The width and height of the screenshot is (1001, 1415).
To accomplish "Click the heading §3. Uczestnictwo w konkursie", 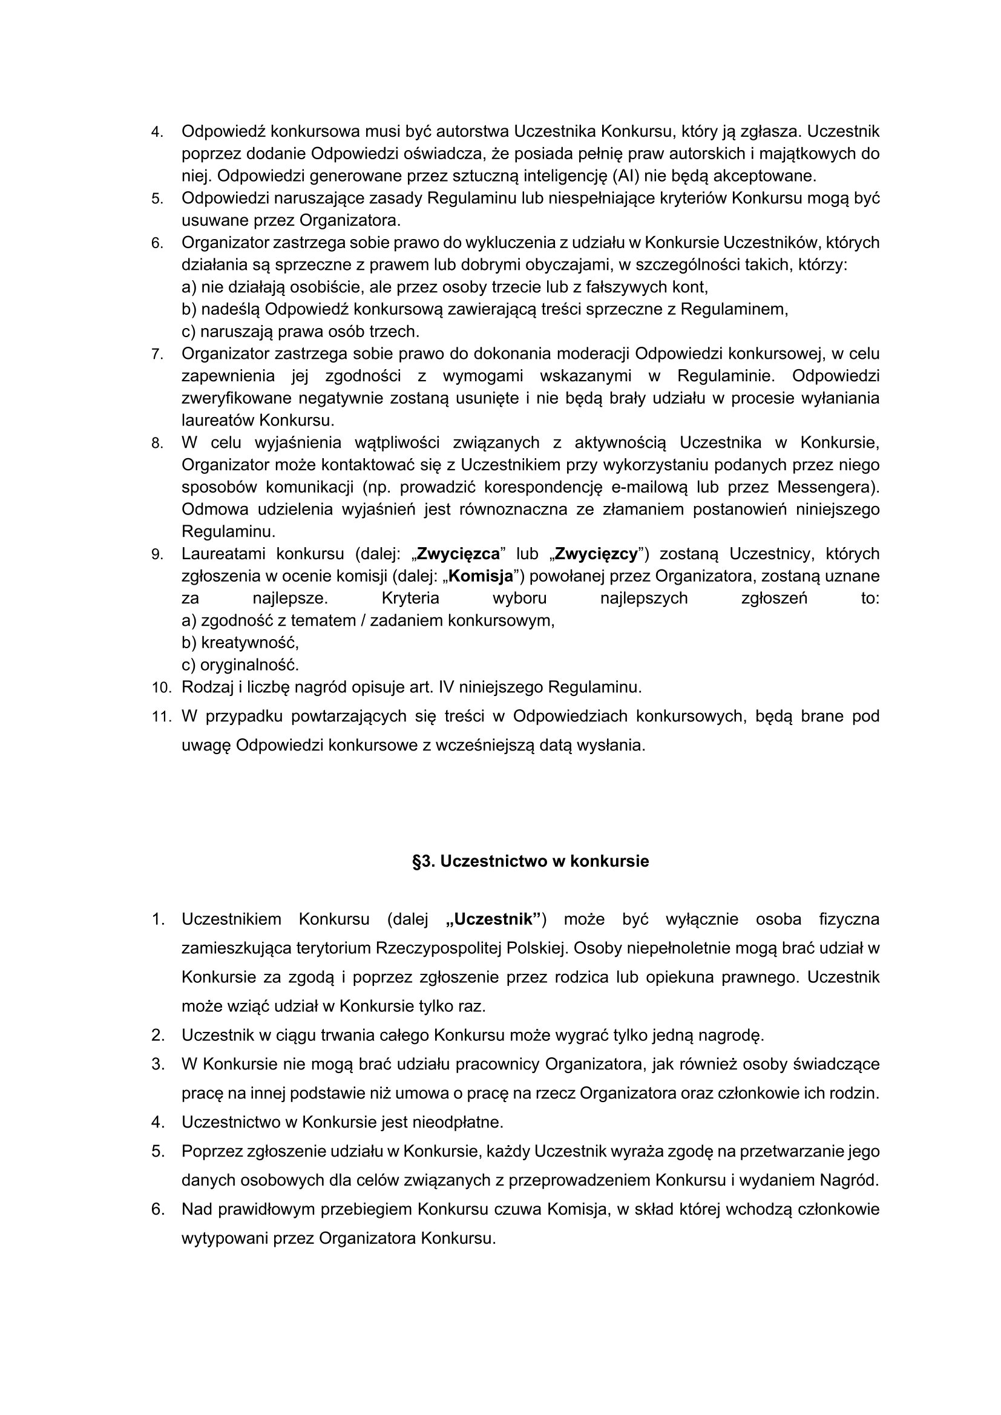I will point(530,861).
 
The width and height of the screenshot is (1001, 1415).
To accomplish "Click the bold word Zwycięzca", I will point(458,554).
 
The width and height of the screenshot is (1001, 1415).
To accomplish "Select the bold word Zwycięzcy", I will point(596,554).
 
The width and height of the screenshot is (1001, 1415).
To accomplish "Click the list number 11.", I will point(161,717).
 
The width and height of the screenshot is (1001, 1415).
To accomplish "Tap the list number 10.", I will point(161,687).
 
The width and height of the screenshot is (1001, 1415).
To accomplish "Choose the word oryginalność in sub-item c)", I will point(249,665).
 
